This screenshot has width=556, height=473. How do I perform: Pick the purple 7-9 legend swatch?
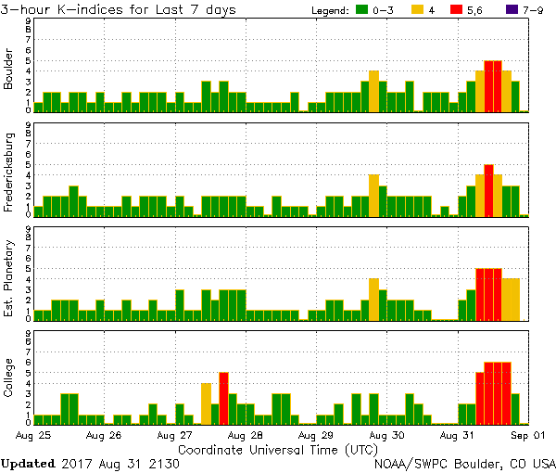(x=514, y=10)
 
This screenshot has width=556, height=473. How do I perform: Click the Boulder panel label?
(x=9, y=70)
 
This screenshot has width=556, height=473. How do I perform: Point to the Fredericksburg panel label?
(x=9, y=171)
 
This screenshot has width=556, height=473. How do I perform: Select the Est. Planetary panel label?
(x=9, y=275)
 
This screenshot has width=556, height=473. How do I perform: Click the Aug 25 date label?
(x=32, y=434)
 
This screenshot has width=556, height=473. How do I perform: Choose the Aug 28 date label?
(x=244, y=434)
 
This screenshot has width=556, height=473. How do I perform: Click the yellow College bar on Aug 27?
(x=206, y=403)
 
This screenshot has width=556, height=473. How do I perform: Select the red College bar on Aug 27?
(x=223, y=397)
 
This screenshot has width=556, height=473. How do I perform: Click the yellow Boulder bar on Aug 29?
(x=373, y=91)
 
